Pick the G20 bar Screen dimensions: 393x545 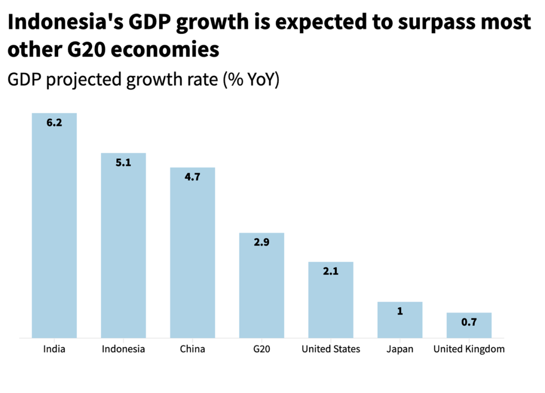click(x=262, y=285)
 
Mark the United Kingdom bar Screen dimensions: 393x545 click(x=469, y=325)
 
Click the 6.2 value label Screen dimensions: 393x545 click(x=54, y=123)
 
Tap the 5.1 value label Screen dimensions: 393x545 click(x=123, y=162)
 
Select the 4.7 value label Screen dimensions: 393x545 click(x=192, y=177)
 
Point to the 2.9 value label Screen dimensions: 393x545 click(x=262, y=242)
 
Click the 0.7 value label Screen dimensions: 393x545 click(x=469, y=322)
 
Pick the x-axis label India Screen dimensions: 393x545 click(x=54, y=349)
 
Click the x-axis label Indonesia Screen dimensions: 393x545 click(x=123, y=349)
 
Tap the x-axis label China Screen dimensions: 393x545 click(x=192, y=349)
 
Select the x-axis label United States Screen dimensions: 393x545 click(x=331, y=349)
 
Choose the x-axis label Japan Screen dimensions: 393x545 click(x=400, y=349)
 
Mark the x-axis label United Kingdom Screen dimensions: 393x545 click(x=469, y=349)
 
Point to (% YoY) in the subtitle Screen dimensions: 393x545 click(x=251, y=80)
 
